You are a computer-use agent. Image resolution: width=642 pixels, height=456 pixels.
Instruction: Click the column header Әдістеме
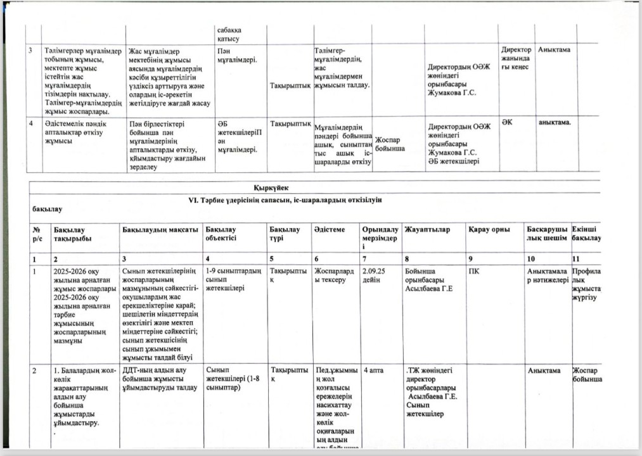tap(328, 229)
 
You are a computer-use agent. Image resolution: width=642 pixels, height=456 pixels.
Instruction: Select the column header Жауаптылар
tap(424, 229)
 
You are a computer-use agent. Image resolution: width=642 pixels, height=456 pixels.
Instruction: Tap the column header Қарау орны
tap(485, 229)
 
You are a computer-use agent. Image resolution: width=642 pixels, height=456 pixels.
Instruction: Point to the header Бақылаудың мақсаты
tap(152, 229)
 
